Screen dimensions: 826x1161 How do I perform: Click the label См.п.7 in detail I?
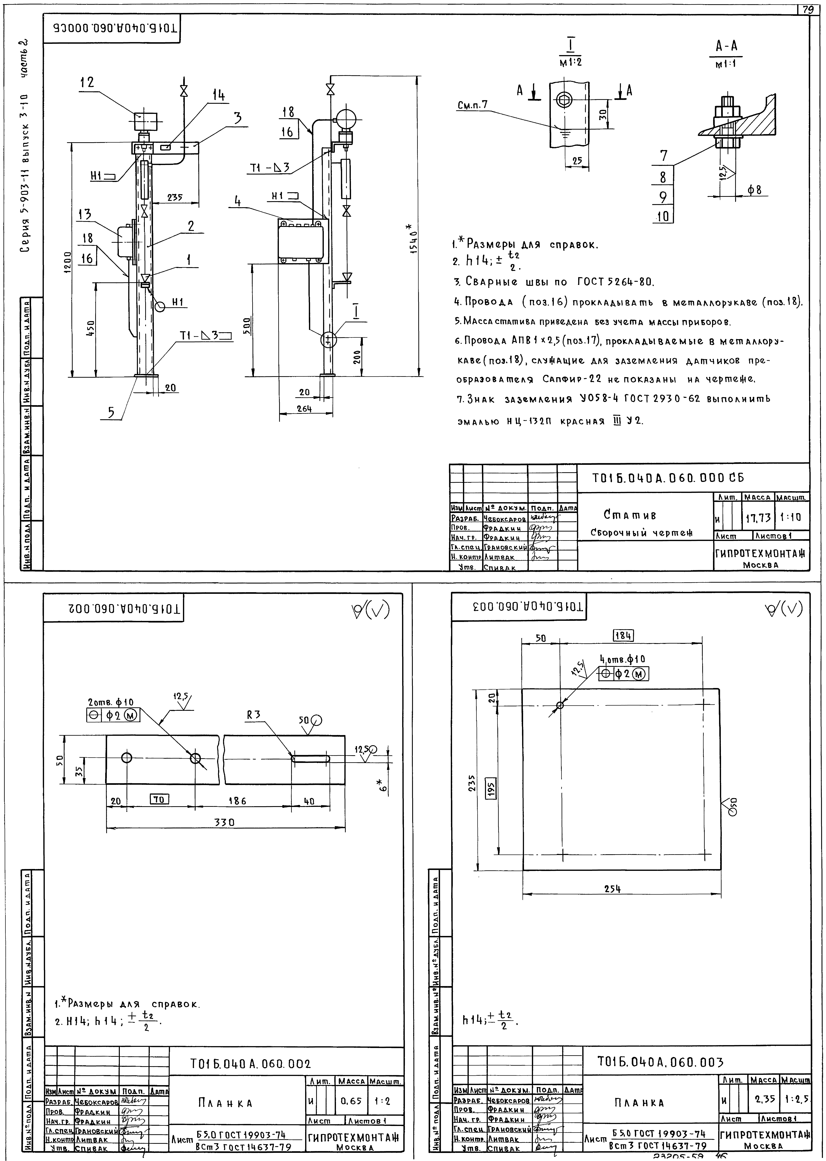tap(472, 105)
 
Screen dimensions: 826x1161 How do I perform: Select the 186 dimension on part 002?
tap(237, 801)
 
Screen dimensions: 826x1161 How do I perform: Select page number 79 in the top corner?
tap(807, 10)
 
